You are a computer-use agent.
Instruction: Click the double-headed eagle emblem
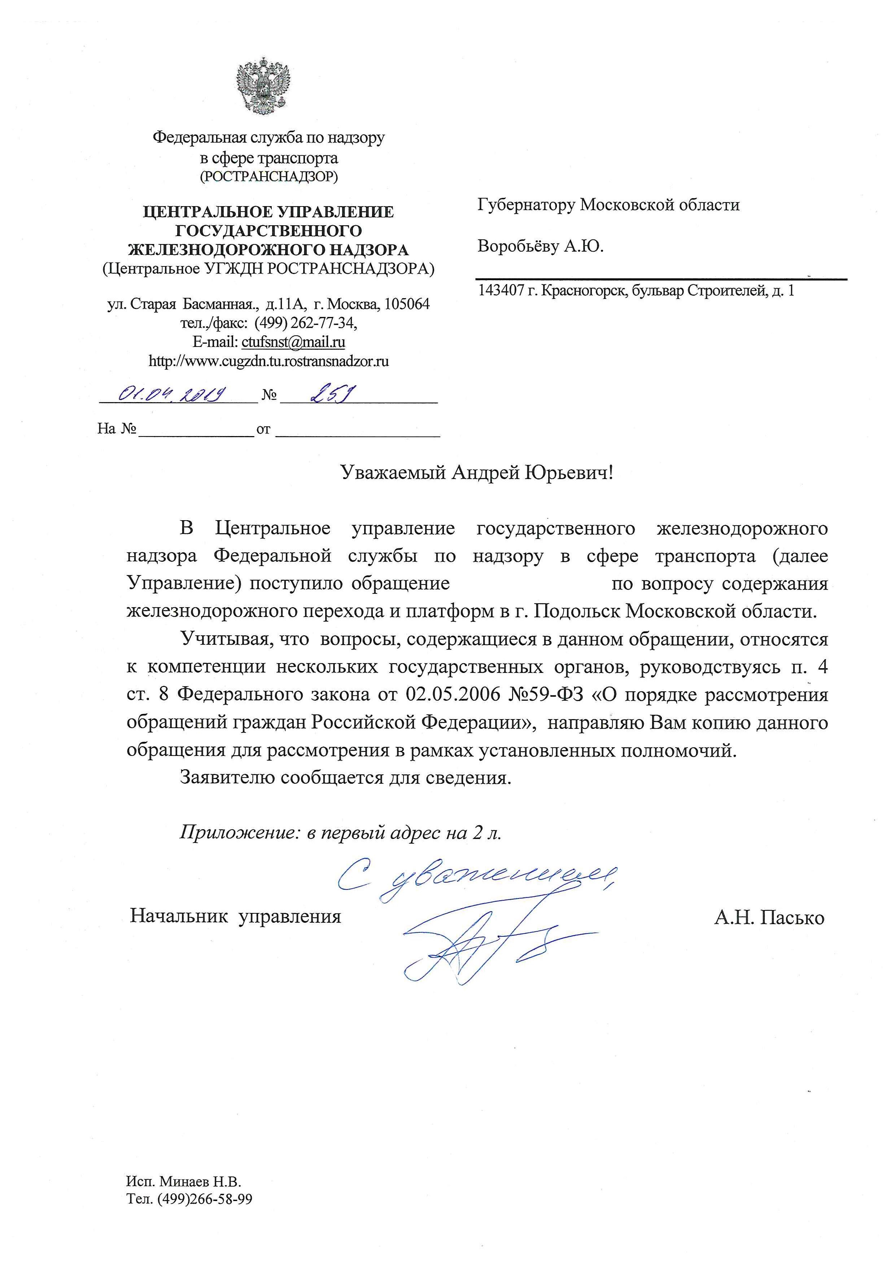pos(263,86)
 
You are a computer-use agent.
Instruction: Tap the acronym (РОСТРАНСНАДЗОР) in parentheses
pos(268,177)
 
